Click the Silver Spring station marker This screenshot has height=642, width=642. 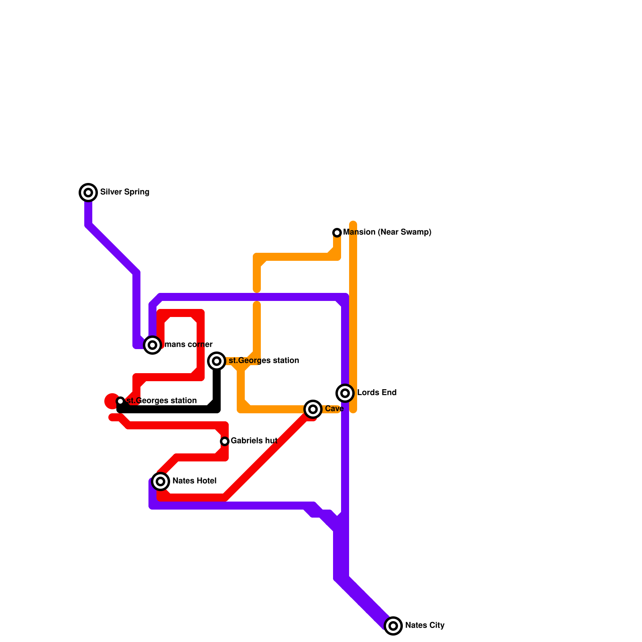pyautogui.click(x=88, y=193)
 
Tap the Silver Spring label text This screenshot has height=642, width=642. pyautogui.click(x=124, y=192)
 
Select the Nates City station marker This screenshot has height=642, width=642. pyautogui.click(x=393, y=626)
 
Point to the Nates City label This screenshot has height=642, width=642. pyautogui.click(x=425, y=625)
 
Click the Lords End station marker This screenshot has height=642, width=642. pyautogui.click(x=345, y=393)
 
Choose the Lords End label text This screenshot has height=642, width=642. pyautogui.click(x=376, y=392)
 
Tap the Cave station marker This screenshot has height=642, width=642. pyautogui.click(x=313, y=409)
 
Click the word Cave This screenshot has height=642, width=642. pyautogui.click(x=334, y=408)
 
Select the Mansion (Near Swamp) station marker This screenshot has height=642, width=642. pyautogui.click(x=337, y=233)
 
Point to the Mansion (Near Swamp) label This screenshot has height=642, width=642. pyautogui.click(x=387, y=232)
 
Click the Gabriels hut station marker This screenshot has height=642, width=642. pyautogui.click(x=225, y=441)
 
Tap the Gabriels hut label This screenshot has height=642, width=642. pyautogui.click(x=254, y=441)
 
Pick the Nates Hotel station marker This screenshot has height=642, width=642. pyautogui.click(x=160, y=481)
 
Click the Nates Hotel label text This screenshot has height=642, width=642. pyautogui.click(x=194, y=481)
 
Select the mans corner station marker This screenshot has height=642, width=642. pyautogui.click(x=152, y=345)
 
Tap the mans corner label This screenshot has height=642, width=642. pyautogui.click(x=188, y=344)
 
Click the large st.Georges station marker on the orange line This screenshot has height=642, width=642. pyautogui.click(x=217, y=361)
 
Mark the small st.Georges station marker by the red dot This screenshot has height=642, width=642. pyautogui.click(x=120, y=401)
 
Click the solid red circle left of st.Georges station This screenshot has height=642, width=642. pyautogui.click(x=111, y=401)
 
